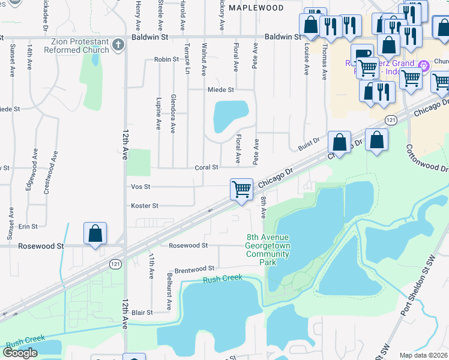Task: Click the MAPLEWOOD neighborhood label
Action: [256, 8]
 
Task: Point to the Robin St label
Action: [166, 59]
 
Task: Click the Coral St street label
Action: [206, 167]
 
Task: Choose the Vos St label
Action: [139, 187]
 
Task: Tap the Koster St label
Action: [145, 206]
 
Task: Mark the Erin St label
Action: [28, 226]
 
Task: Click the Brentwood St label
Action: [194, 269]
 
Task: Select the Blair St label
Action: [142, 313]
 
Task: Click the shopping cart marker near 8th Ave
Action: [241, 189]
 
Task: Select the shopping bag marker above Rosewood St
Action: [95, 233]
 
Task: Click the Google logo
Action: [20, 353]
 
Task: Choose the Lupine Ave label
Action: [159, 113]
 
